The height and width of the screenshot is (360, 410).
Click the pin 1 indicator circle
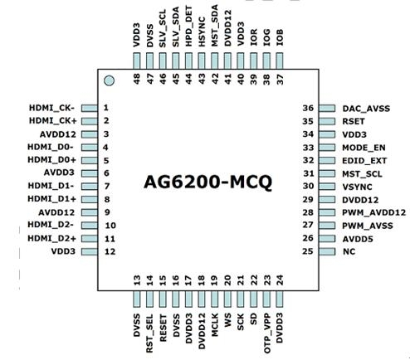pyautogui.click(x=109, y=80)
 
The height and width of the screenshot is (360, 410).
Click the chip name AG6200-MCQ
pyautogui.click(x=208, y=182)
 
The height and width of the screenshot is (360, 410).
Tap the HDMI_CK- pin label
pyautogui.click(x=51, y=108)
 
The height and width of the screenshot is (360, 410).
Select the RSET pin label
pyautogui.click(x=354, y=121)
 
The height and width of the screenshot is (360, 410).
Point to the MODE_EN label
pyautogui.click(x=364, y=148)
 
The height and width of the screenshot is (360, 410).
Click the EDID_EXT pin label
pyautogui.click(x=364, y=161)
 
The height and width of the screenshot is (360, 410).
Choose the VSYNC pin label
pyautogui.click(x=357, y=187)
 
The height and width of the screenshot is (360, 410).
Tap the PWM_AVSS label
pyautogui.click(x=368, y=226)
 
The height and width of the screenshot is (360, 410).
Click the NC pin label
pyautogui.click(x=349, y=251)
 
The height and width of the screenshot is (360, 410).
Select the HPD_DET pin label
pyautogui.click(x=188, y=27)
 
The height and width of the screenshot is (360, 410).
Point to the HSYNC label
pyautogui.click(x=202, y=32)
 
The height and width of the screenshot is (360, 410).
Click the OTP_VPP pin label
pyautogui.click(x=266, y=333)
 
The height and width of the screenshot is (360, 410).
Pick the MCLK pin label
pyautogui.click(x=215, y=324)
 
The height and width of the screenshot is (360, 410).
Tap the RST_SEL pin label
pyautogui.click(x=149, y=333)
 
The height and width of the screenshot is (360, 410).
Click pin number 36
pyautogui.click(x=308, y=108)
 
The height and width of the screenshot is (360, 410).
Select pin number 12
pyautogui.click(x=110, y=251)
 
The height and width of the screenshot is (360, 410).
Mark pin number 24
pyautogui.click(x=280, y=280)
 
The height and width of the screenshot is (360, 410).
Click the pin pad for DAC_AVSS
pyautogui.click(x=327, y=108)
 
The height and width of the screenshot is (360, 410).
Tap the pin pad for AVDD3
pyautogui.click(x=90, y=173)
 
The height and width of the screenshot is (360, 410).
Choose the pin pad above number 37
pyautogui.click(x=280, y=61)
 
